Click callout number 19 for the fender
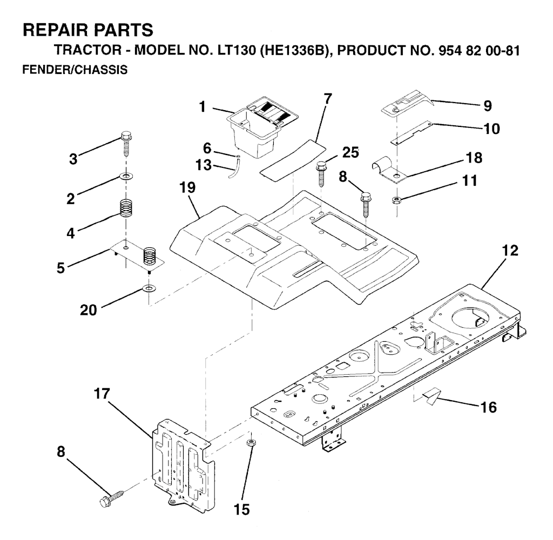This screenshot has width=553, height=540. (x=187, y=187)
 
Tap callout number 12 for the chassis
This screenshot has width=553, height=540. (x=510, y=251)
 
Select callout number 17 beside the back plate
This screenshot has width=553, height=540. (x=102, y=394)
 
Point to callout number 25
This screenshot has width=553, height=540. (x=350, y=152)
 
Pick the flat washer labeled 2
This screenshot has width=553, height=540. (x=126, y=175)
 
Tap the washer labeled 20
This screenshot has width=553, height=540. (x=150, y=289)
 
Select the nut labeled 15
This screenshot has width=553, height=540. (x=251, y=443)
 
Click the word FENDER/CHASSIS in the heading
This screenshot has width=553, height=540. (x=75, y=70)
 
